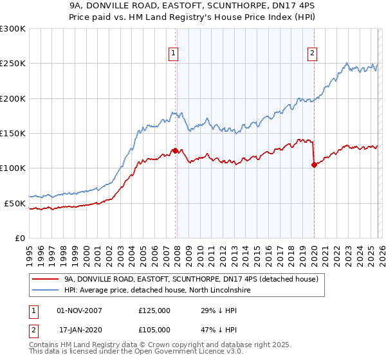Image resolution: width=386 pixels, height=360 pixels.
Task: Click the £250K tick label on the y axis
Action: [12, 64]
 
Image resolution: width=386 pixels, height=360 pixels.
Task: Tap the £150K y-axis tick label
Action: [12, 133]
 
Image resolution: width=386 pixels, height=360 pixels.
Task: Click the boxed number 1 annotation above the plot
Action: [174, 54]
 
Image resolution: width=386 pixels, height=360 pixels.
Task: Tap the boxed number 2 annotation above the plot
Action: [312, 54]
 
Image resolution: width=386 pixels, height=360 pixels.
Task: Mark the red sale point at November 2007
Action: [175, 150]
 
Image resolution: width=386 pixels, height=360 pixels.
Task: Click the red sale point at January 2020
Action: [314, 165]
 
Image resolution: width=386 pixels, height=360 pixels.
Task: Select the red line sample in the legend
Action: [46, 279]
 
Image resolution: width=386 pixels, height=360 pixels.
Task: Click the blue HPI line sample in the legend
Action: [46, 290]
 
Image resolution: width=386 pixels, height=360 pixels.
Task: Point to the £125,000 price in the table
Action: [154, 310]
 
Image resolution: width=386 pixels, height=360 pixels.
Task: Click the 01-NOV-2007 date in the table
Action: [80, 310]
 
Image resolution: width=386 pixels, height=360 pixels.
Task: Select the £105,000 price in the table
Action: [154, 330]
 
